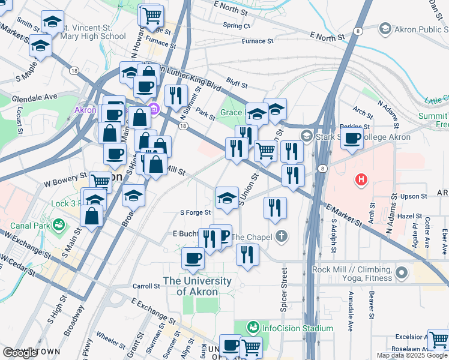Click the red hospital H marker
pos(361,179)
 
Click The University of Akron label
pos(197,286)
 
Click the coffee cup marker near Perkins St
pos(352,138)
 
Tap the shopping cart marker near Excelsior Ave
pos(438,339)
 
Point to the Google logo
pos(20,353)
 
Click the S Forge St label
pos(196,212)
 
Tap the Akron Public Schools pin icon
pos(385,28)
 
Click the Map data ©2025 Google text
pos(412,355)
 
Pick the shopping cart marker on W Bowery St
pos(100,182)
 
